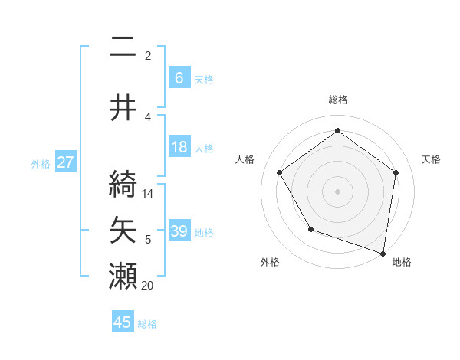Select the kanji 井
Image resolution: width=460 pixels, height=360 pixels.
123,108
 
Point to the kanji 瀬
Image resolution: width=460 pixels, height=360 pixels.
123,276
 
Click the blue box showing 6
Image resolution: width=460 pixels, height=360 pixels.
179,78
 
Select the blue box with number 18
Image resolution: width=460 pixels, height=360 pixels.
179,147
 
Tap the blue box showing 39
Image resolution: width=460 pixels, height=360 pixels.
179,231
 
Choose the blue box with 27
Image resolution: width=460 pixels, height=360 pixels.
66,162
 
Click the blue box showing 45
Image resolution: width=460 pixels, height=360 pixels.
123,323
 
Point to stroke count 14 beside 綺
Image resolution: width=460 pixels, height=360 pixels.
149,194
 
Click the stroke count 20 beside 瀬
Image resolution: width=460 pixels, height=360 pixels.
149,285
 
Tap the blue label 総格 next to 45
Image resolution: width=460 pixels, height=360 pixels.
147,324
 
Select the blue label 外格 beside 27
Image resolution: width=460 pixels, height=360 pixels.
41,163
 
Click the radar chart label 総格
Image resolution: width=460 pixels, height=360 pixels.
337,100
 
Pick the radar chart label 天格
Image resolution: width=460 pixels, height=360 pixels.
431,159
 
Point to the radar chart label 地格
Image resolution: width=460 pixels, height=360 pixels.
402,262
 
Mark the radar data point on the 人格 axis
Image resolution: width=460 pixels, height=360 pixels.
280,172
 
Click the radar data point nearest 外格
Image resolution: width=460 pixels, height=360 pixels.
310,229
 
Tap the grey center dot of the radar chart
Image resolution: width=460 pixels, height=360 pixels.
337,191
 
